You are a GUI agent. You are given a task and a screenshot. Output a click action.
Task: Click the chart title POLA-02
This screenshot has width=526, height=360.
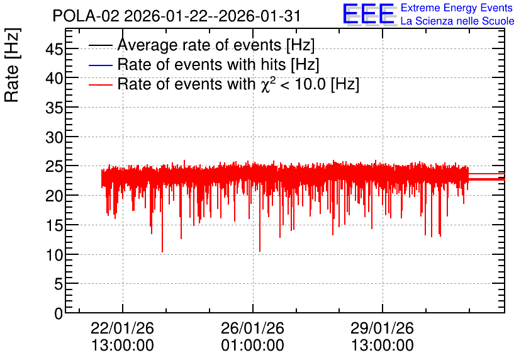[x=86, y=16]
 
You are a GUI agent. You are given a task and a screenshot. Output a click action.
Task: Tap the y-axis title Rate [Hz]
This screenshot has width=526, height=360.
[x=12, y=65]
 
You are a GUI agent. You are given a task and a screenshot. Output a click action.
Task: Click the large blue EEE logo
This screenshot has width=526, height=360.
[x=369, y=14]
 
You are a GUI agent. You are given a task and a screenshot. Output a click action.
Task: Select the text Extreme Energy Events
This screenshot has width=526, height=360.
[x=457, y=8]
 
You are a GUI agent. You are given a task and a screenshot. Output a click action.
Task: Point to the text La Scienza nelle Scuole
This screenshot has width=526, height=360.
[x=457, y=21]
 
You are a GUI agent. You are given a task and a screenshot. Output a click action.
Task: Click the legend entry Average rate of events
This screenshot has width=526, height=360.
[x=216, y=45]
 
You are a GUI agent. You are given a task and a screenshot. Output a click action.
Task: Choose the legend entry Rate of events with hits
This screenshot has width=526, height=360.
[x=218, y=64]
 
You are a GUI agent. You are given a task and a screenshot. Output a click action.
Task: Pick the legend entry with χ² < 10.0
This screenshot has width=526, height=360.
[x=238, y=84]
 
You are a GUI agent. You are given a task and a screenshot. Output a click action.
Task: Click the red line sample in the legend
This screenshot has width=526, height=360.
[x=100, y=85]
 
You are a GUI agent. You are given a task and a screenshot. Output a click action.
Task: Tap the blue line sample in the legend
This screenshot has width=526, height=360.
[x=100, y=65]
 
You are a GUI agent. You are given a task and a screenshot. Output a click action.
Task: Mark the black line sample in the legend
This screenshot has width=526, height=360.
[x=100, y=45]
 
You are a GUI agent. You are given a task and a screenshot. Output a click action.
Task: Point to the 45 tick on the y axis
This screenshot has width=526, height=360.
[x=54, y=49]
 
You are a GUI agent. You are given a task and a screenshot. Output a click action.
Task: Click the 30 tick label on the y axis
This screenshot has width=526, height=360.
[x=54, y=137]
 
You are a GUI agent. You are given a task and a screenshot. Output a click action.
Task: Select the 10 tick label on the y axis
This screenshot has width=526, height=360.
[x=54, y=255]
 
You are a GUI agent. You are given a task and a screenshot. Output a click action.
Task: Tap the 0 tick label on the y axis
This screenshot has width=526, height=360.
[x=59, y=313]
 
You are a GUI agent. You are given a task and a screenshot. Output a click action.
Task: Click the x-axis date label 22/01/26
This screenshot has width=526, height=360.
[x=123, y=328]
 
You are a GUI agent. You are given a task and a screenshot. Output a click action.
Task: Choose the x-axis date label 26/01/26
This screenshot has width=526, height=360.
[x=252, y=328]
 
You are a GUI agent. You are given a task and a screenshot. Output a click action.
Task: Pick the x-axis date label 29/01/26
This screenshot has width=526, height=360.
[x=383, y=328]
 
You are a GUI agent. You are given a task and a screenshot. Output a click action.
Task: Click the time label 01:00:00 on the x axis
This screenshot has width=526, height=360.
[x=252, y=346]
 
